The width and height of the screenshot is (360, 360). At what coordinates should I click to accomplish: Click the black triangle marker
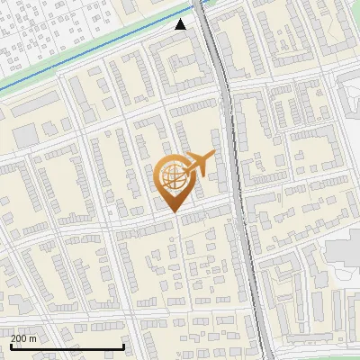point(181,24)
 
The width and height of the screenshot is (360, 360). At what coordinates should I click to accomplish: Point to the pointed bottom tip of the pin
point(171,211)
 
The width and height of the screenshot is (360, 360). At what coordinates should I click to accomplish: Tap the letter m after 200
point(33,338)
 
